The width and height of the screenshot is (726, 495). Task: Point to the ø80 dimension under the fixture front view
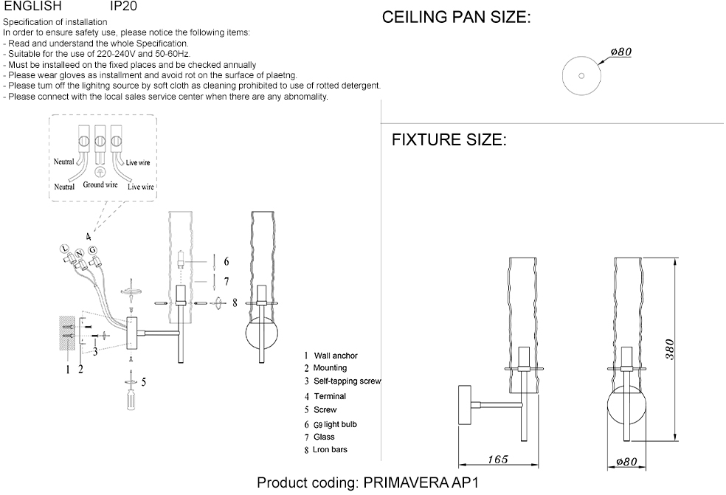[x=626, y=462]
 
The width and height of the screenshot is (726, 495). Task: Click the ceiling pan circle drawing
[x=580, y=75]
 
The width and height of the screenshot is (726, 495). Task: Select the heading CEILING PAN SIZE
[x=456, y=18]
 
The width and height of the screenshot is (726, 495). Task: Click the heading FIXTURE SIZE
[x=449, y=139]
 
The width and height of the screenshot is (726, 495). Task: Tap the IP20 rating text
[x=122, y=6]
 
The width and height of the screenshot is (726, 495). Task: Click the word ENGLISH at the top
[x=32, y=6]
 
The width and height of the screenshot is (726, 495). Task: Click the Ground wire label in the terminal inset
[x=100, y=185]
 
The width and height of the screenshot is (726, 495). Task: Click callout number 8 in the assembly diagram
[x=234, y=302]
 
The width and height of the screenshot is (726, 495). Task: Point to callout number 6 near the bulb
[x=227, y=261]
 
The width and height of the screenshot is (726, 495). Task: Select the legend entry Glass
[x=324, y=437]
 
